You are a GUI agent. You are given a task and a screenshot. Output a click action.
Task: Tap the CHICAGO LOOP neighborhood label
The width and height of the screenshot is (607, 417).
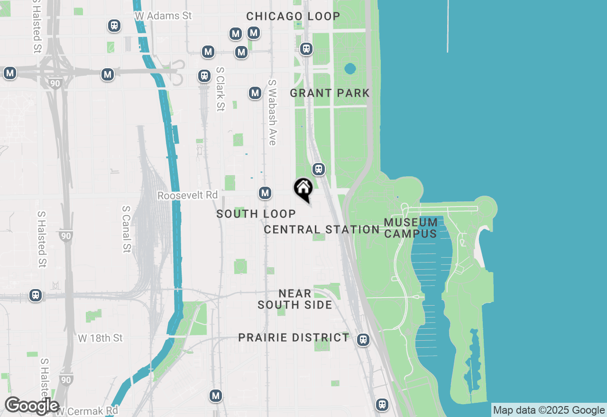click(293, 16)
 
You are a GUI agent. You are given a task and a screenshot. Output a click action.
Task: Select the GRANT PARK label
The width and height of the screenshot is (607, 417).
click(330, 93)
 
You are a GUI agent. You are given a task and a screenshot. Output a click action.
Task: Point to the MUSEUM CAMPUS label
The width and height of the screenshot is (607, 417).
click(411, 228)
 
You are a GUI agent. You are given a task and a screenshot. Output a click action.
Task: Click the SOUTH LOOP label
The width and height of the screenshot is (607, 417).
click(256, 214)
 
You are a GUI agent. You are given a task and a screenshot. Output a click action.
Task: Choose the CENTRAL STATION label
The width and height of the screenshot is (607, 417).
click(322, 230)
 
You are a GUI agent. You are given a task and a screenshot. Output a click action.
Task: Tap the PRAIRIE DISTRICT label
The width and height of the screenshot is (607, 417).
click(294, 338)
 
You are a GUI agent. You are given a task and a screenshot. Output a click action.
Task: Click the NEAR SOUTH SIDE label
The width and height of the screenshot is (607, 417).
click(294, 299)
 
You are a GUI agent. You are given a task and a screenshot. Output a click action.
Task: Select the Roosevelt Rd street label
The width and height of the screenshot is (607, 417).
click(187, 195)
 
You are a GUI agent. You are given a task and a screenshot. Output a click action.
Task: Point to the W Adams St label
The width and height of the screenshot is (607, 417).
click(163, 16)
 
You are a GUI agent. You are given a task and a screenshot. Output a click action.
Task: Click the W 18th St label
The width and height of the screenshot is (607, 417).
click(100, 338)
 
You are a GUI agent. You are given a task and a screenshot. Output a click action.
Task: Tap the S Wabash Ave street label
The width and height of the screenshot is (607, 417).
click(272, 112)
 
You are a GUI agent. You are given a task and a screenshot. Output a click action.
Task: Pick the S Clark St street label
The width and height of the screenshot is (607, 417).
click(220, 89)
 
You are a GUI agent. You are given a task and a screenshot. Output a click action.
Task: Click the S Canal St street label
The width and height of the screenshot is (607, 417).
click(126, 229)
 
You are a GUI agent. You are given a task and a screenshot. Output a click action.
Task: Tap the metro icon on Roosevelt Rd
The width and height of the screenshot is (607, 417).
click(265, 193)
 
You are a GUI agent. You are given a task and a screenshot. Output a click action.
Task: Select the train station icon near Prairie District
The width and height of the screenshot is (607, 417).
click(363, 339)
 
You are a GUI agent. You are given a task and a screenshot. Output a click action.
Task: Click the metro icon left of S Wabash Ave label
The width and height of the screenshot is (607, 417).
click(255, 93)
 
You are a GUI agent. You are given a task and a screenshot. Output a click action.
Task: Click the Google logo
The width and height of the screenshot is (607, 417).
click(32, 406)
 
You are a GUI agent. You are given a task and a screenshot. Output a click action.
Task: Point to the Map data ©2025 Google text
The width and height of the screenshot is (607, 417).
click(549, 410)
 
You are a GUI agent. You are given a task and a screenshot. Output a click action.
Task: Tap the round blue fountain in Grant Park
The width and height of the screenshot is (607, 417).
click(350, 69)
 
